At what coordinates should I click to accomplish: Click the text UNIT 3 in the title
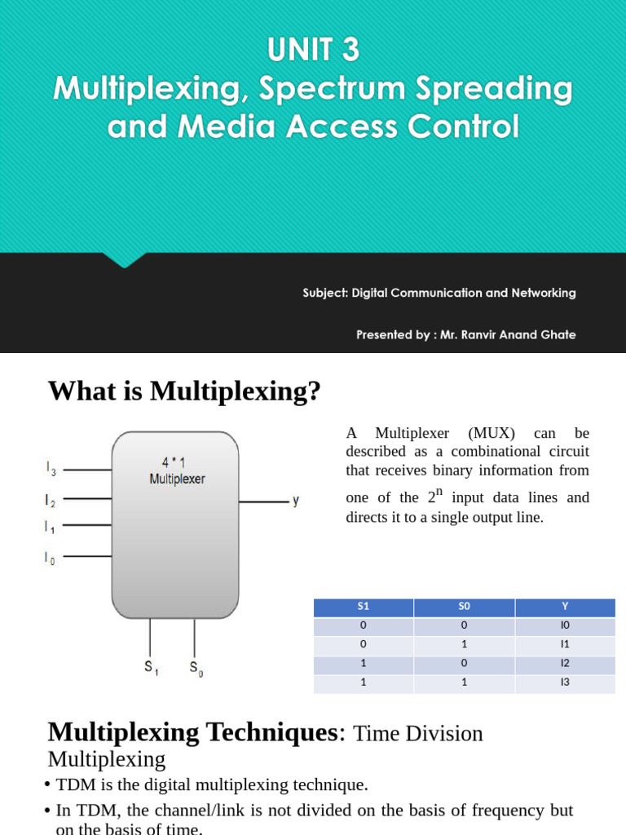point(313,51)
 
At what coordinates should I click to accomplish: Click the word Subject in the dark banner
point(324,293)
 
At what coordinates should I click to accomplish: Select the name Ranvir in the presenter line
point(486,334)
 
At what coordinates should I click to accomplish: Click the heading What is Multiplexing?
point(184,391)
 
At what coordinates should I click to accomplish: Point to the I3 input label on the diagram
point(51,469)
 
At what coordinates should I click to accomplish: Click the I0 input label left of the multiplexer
point(50,558)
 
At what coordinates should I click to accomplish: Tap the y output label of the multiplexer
point(295,501)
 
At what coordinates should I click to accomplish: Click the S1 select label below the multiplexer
point(151,667)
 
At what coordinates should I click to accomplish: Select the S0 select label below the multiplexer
point(196,668)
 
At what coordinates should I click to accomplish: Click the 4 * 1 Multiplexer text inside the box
point(177,471)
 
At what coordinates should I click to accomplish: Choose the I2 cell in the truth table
point(565,664)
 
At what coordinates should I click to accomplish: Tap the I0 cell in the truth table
point(565,625)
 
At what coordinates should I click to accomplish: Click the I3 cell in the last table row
point(565,683)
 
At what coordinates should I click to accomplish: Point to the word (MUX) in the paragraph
point(492,433)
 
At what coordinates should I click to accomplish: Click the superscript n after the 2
point(439,492)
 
